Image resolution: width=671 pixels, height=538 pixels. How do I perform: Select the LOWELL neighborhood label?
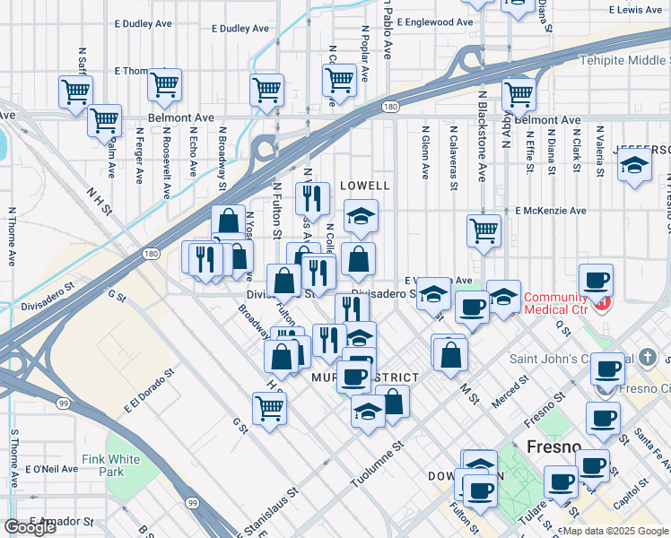coord(365,186)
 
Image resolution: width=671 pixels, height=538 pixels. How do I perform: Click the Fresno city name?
coord(544,447)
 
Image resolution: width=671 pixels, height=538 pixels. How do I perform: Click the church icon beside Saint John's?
coord(649,358)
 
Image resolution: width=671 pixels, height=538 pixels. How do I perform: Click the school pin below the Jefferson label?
coord(634,166)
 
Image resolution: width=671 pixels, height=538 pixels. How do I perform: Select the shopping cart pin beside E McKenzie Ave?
coord(484,230)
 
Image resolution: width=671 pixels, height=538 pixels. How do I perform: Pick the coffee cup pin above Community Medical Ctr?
coord(597,278)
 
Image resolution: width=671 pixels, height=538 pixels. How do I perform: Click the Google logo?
coord(30,527)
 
